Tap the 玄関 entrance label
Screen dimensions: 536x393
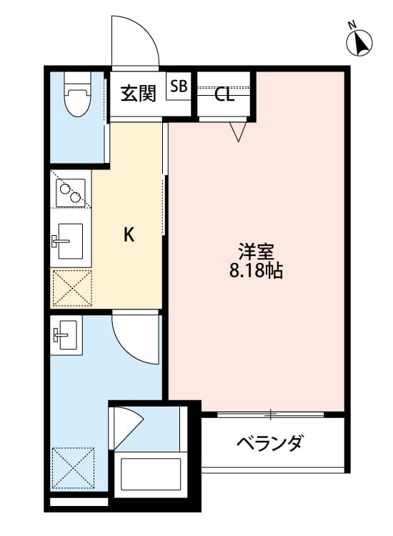click(137, 94)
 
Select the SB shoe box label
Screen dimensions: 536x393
click(179, 86)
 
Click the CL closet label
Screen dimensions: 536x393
click(224, 95)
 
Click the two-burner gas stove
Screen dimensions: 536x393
click(70, 191)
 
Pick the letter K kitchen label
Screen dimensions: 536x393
click(129, 234)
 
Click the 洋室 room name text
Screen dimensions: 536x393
click(257, 252)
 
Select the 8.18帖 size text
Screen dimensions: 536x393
click(257, 272)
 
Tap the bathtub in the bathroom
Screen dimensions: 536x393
click(150, 473)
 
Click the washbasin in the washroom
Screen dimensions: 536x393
click(66, 334)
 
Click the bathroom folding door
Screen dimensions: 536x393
click(127, 427)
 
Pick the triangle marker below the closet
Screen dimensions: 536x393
click(239, 131)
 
